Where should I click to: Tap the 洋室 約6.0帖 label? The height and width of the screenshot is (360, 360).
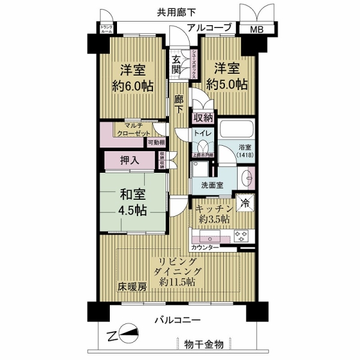click(133, 76)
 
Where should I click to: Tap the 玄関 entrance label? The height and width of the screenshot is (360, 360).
click(177, 65)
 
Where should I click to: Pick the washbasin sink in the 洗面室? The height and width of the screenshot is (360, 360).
click(246, 178)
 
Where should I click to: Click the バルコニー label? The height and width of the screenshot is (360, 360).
click(180, 320)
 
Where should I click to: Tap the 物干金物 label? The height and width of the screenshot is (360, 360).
click(203, 344)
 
